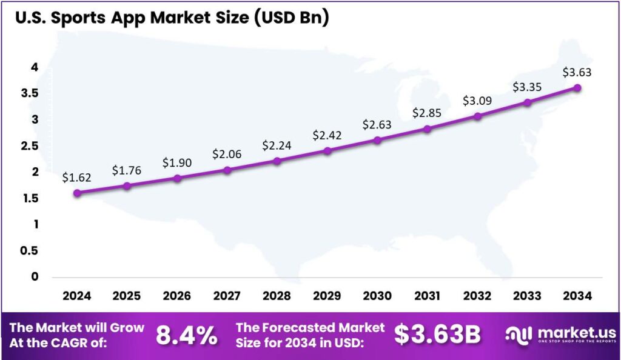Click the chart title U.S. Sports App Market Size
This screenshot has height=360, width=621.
tap(171, 18)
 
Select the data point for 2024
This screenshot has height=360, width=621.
tap(77, 193)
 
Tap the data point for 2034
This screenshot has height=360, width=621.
tap(577, 88)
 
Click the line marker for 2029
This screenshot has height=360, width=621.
tap(327, 150)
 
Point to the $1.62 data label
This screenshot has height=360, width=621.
tap(77, 178)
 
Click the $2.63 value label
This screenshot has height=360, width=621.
tap(377, 125)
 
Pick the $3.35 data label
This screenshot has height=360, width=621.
tap(527, 87)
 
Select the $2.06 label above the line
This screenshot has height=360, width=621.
tap(227, 155)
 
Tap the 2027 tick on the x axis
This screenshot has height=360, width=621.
tap(227, 296)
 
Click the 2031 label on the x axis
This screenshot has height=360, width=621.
tap(427, 296)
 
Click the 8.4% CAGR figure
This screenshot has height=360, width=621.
tap(187, 335)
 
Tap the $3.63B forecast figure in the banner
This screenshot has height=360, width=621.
tap(437, 335)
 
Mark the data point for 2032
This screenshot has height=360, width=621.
tap(477, 116)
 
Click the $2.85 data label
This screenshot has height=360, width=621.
tap(427, 113)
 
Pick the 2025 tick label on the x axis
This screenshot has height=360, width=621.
tap(127, 296)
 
